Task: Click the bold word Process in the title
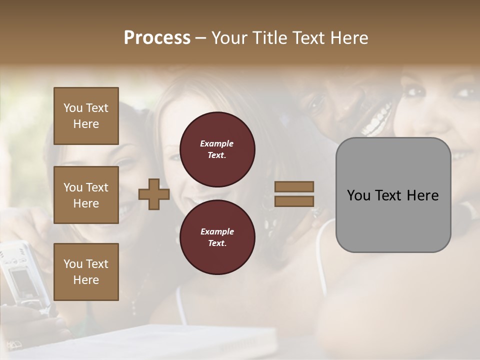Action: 157,38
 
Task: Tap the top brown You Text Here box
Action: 86,116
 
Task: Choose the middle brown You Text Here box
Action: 86,195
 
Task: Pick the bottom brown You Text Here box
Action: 86,272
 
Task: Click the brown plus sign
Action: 154,194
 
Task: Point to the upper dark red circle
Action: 217,149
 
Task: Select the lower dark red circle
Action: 217,237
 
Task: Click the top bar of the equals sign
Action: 294,186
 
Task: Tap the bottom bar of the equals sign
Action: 294,201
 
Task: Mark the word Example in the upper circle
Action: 216,143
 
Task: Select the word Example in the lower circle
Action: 217,231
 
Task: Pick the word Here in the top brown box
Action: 86,124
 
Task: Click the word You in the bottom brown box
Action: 73,263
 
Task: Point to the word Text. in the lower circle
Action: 217,243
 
